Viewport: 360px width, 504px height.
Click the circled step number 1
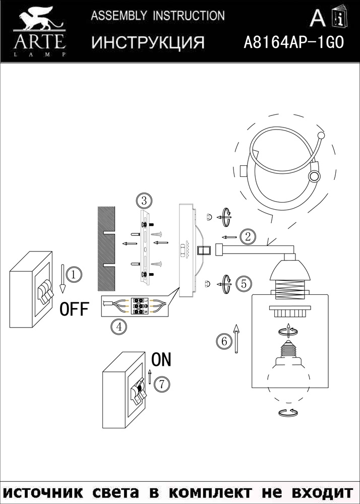(74, 275)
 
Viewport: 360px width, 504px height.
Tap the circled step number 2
(247, 236)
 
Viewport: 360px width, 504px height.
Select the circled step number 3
(144, 201)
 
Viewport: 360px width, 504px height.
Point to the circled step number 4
(118, 327)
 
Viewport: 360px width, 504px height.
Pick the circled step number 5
(244, 283)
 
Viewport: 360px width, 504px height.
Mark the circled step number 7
(161, 384)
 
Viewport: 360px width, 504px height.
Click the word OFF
(74, 308)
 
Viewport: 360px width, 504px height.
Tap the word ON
(161, 359)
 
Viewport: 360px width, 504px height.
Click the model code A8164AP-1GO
(293, 42)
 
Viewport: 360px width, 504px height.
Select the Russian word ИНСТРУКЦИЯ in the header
(148, 43)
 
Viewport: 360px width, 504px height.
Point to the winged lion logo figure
(38, 20)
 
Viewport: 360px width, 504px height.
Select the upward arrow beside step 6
(236, 337)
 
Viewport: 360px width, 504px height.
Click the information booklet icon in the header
(338, 18)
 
